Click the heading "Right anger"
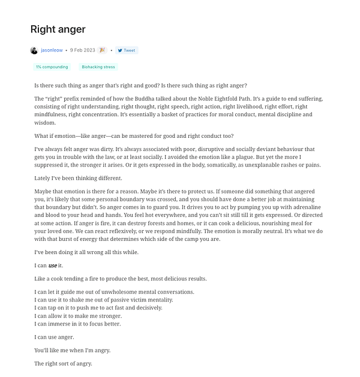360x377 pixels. [x=58, y=29]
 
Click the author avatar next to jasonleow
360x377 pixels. [x=34, y=50]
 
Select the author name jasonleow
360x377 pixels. [x=52, y=50]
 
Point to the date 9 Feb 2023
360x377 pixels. [x=83, y=50]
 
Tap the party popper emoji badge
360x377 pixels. [x=102, y=50]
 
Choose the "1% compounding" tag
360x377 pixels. [x=52, y=67]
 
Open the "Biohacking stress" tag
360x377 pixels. [x=98, y=67]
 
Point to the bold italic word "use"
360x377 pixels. [x=52, y=266]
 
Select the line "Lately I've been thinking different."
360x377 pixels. [x=78, y=178]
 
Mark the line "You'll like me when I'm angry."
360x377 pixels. [x=73, y=350]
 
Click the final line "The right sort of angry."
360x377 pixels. [x=63, y=363]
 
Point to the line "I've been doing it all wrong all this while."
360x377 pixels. [x=86, y=252]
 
